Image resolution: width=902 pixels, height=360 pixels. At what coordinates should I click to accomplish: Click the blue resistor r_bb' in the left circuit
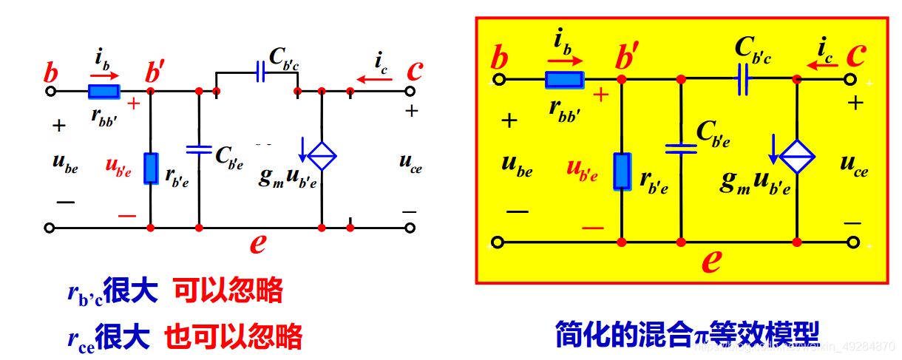point(103,92)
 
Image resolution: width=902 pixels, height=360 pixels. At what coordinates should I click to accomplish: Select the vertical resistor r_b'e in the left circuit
point(151,168)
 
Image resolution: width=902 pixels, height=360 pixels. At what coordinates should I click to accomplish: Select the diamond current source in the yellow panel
point(798,155)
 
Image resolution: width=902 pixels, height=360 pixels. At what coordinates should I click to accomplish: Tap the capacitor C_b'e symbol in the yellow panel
point(680,149)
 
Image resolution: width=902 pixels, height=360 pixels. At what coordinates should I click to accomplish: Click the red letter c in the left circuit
point(416,70)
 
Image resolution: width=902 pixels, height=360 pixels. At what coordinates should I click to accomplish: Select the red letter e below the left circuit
point(257,242)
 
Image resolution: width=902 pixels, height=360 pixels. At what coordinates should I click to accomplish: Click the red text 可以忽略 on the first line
point(228,291)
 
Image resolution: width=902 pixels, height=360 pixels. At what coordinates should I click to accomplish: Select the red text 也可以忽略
point(233,336)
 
